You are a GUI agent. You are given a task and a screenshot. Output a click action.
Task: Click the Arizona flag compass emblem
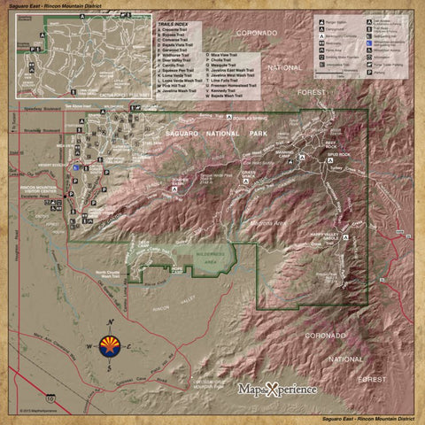pos(110,344)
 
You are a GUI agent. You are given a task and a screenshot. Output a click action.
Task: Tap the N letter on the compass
pos(110,321)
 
